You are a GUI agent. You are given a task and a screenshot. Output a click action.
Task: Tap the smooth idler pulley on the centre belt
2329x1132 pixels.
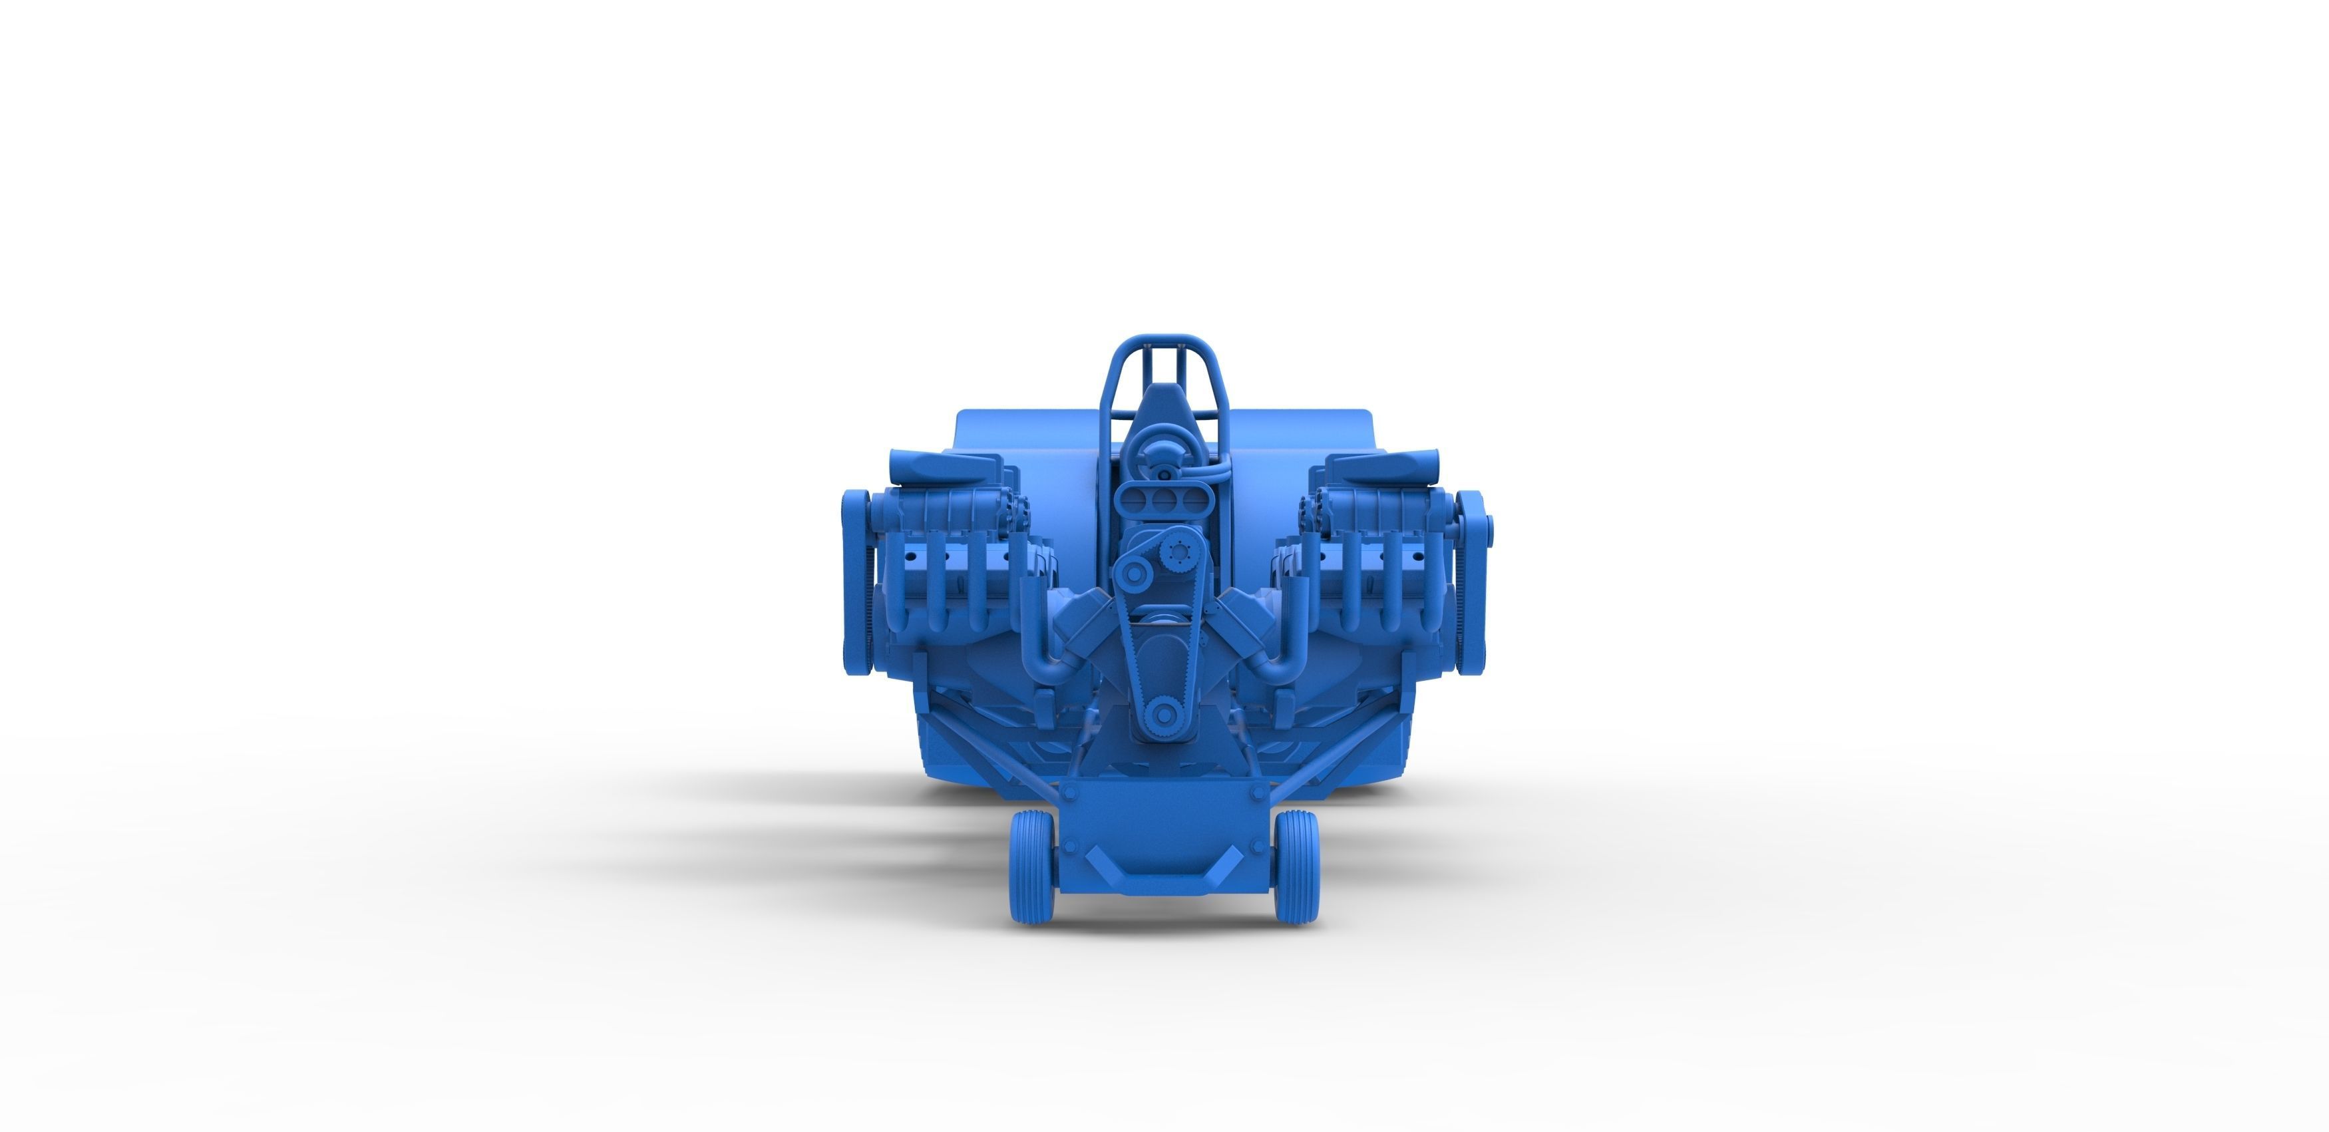coord(1133,572)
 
